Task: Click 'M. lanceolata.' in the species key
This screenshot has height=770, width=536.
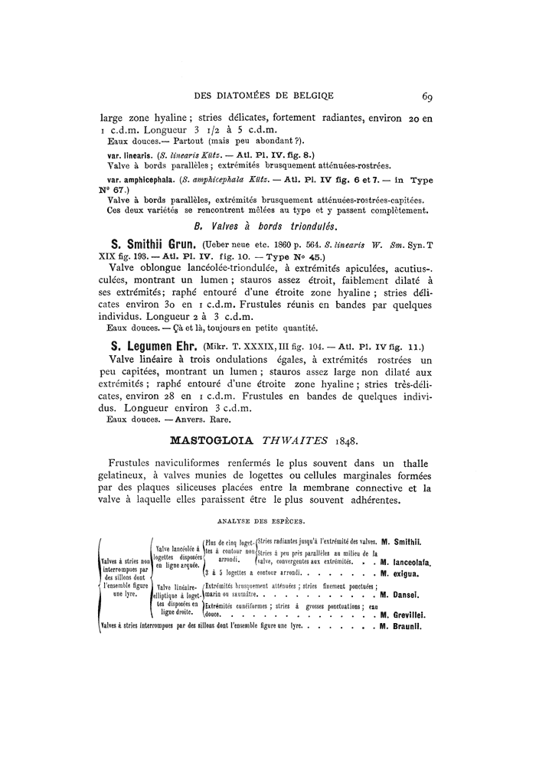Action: point(406,563)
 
